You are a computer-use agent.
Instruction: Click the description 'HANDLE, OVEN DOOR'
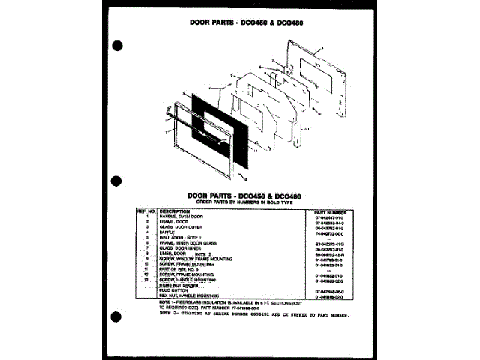pyautogui.click(x=181, y=217)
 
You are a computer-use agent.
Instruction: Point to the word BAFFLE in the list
pyautogui.click(x=167, y=233)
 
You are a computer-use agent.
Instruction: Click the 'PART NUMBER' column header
pyautogui.click(x=331, y=211)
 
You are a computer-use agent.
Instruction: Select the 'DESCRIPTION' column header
pyautogui.click(x=175, y=211)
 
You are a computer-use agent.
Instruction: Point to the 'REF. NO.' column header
pyautogui.click(x=145, y=211)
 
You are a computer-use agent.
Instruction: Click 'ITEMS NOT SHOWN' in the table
pyautogui.click(x=178, y=285)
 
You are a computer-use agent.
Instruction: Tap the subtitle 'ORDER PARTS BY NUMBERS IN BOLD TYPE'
pyautogui.click(x=240, y=202)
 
